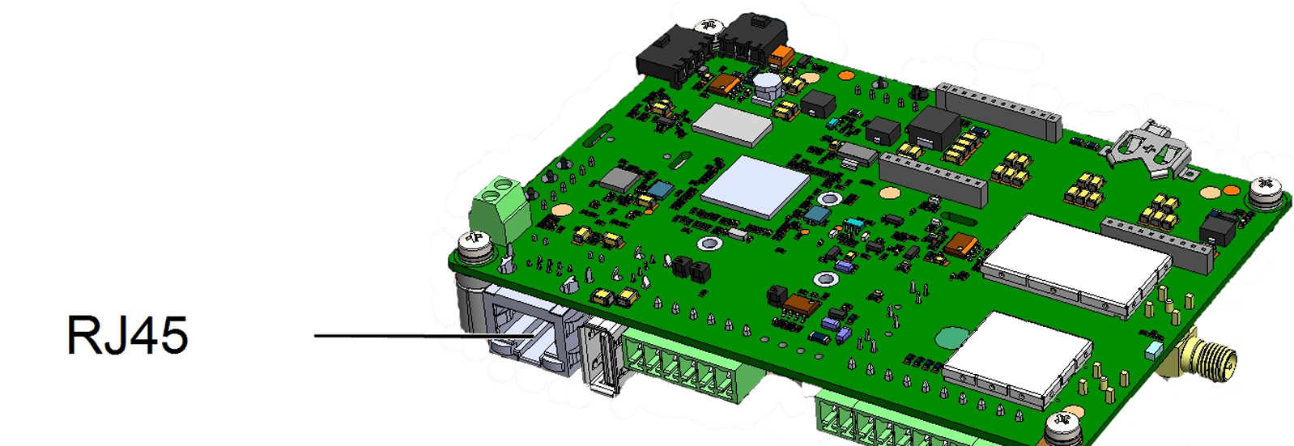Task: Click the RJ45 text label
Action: tap(127, 335)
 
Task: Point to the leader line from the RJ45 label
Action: tap(424, 336)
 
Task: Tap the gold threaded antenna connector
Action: tap(1207, 360)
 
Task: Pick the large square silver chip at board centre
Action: tap(756, 187)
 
